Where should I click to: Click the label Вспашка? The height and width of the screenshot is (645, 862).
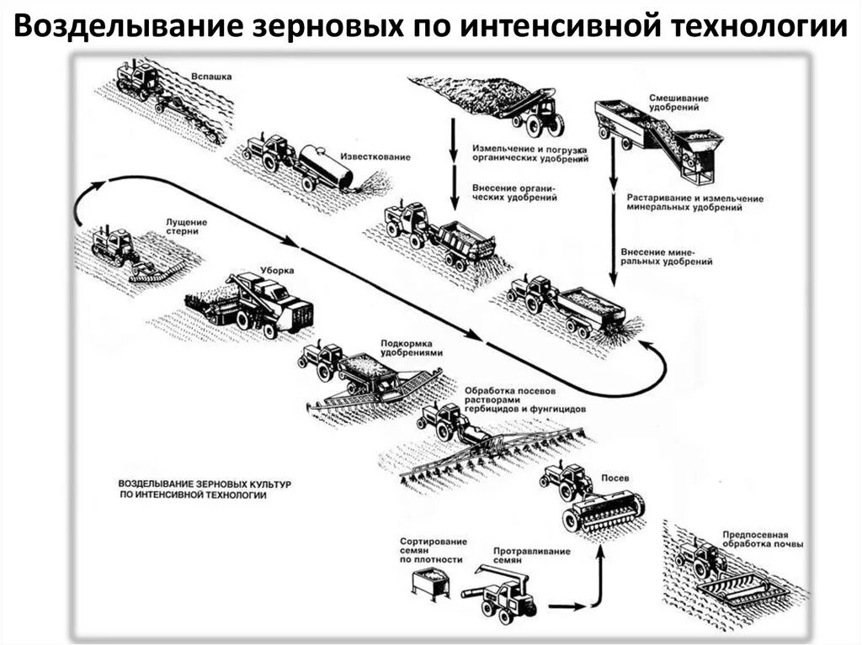tap(210, 77)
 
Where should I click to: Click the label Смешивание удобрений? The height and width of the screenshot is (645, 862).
tap(678, 103)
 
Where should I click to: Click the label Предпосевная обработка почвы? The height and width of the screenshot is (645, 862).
tap(762, 539)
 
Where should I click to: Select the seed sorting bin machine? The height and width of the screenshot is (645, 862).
tap(430, 582)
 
